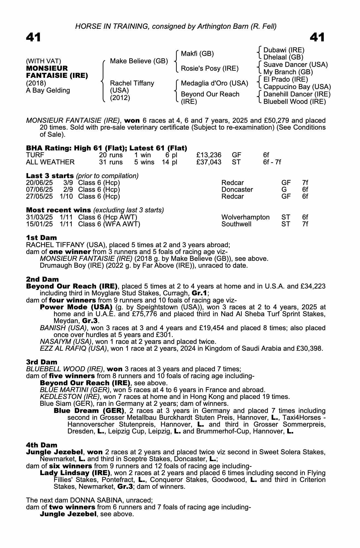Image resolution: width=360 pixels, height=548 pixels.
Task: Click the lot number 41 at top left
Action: point(33,37)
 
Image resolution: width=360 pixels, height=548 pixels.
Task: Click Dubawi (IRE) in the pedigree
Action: point(284,50)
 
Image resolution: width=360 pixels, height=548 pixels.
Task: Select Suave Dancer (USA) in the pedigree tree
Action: point(295,65)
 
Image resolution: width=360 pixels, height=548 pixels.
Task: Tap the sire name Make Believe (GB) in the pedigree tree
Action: point(139,61)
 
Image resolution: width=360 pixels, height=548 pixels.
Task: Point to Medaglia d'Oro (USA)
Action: point(214,83)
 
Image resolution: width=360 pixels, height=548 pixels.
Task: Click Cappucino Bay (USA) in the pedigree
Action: point(297,87)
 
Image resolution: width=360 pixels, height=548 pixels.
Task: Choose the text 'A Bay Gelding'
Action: point(48,90)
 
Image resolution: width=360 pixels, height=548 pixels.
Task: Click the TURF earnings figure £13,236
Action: point(209,155)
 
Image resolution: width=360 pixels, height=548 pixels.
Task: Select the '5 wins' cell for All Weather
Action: point(144,162)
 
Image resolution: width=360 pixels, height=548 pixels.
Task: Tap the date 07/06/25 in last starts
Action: point(39,190)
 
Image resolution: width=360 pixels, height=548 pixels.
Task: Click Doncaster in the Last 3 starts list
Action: point(237,190)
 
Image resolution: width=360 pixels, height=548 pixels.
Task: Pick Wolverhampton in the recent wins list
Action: point(245,217)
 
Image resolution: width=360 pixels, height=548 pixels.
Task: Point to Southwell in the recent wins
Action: point(236,224)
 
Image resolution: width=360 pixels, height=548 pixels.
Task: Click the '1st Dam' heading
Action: point(41,238)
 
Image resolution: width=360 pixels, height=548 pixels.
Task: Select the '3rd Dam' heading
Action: point(42,362)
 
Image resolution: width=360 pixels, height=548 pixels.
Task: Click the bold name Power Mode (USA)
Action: point(76,307)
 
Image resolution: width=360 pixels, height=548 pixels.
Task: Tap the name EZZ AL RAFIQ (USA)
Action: point(73,349)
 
